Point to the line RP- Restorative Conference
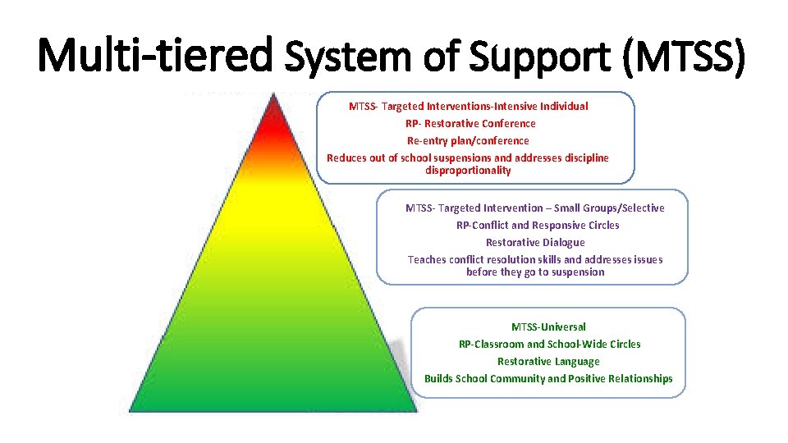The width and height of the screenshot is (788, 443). tap(470, 124)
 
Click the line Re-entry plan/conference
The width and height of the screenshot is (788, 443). tap(468, 141)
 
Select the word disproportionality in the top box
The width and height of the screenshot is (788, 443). tap(468, 171)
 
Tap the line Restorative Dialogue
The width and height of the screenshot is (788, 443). tap(535, 243)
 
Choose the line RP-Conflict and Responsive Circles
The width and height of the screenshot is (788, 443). tap(538, 226)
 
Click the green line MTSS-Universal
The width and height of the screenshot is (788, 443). tap(548, 327)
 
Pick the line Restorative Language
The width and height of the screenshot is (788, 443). tap(548, 362)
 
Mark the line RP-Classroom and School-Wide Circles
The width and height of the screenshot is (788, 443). tap(549, 345)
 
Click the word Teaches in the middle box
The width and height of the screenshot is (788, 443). tap(427, 260)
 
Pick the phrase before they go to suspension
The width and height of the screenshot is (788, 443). tap(535, 272)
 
